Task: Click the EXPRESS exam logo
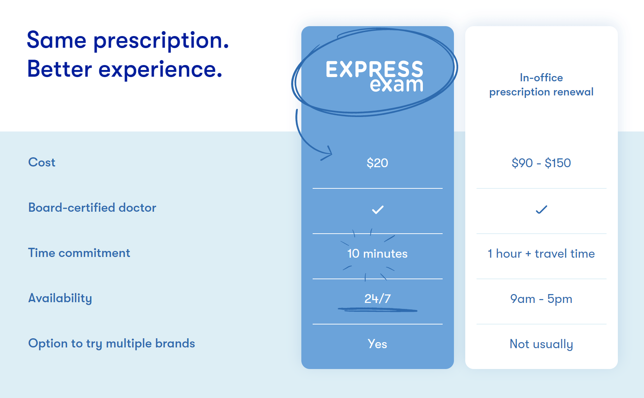pos(374,76)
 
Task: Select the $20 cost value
pos(377,163)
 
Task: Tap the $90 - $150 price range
pos(541,163)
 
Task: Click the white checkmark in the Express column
pos(378,210)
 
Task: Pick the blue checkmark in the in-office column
pos(541,210)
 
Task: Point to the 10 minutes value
pos(377,253)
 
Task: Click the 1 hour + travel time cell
pos(541,253)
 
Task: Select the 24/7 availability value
pos(377,299)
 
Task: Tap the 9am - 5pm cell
pos(541,299)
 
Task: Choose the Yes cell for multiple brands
pos(377,344)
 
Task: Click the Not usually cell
pos(541,344)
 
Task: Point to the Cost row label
pos(42,162)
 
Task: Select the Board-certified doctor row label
pos(92,207)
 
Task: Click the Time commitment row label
pos(79,253)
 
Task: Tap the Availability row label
pos(60,298)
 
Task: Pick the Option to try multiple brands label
pos(112,343)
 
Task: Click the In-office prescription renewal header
pos(541,85)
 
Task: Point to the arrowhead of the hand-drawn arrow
pos(330,153)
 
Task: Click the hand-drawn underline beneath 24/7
pos(377,310)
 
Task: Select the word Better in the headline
pos(59,69)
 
